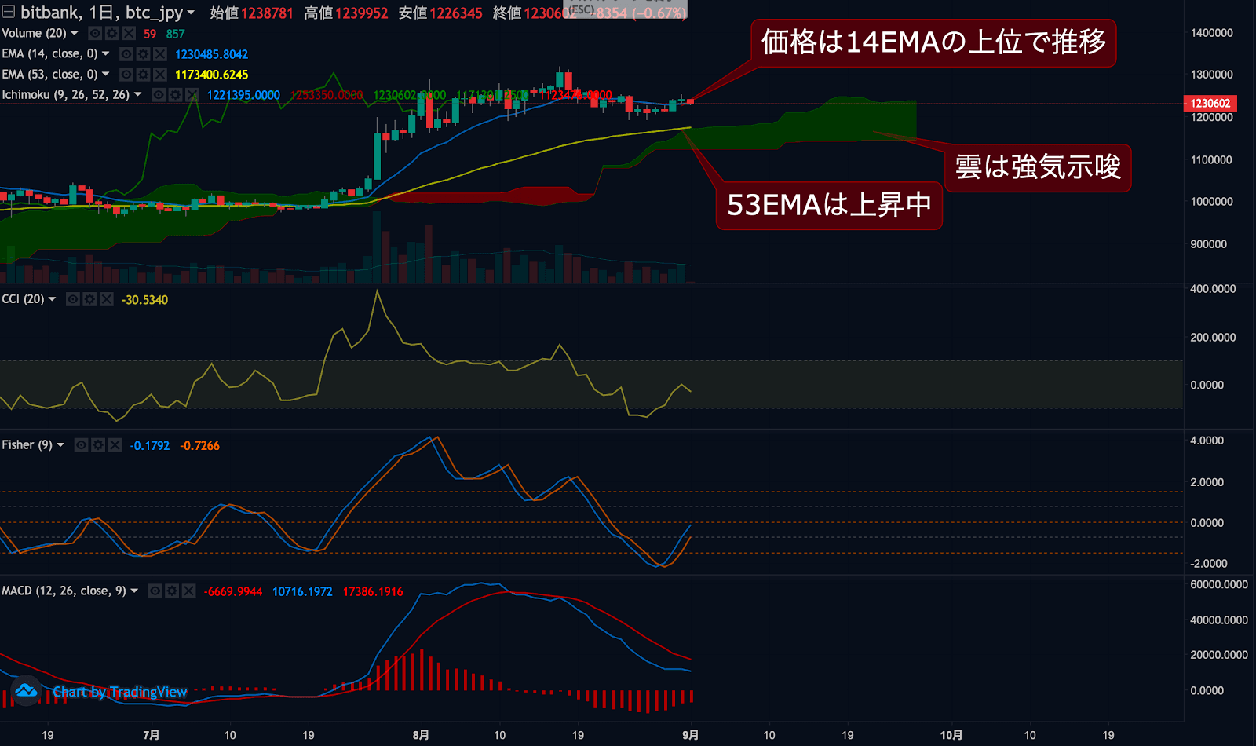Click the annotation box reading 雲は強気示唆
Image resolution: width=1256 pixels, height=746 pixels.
click(x=1038, y=167)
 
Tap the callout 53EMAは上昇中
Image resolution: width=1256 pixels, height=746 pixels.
click(x=829, y=205)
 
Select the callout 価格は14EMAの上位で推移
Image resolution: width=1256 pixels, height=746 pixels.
click(x=933, y=42)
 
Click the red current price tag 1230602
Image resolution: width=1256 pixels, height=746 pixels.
click(x=1210, y=104)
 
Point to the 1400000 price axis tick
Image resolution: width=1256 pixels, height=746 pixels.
click(x=1211, y=33)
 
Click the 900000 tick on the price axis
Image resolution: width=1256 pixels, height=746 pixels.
click(x=1208, y=244)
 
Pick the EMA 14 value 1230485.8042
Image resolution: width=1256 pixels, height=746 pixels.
click(x=211, y=54)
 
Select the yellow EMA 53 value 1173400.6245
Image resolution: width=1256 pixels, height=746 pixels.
click(x=211, y=75)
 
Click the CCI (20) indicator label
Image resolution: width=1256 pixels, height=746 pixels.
click(x=24, y=299)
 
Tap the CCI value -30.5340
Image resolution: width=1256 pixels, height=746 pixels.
click(x=144, y=300)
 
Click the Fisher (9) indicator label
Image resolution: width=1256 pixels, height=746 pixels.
click(x=27, y=445)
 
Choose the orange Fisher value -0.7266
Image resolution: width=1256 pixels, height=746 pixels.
click(x=199, y=446)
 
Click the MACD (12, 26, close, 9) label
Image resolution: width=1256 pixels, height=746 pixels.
click(x=64, y=591)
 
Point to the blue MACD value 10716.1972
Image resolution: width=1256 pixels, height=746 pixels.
click(x=302, y=591)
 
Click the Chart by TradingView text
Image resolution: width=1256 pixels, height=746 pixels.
click(x=120, y=692)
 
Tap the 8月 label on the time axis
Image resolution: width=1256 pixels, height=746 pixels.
click(x=421, y=735)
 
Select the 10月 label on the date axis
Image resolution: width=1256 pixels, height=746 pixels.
click(x=951, y=735)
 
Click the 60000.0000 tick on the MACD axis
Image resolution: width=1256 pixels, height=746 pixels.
click(x=1218, y=584)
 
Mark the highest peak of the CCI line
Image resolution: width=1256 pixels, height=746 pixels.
click(x=378, y=291)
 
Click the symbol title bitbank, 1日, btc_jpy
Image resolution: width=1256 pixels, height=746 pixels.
click(x=101, y=13)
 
